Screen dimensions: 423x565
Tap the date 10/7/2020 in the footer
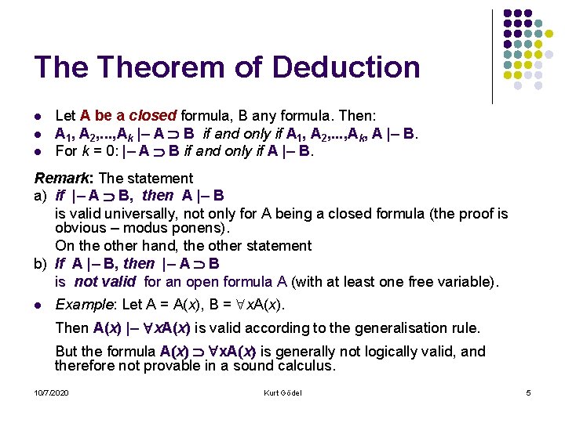pyautogui.click(x=51, y=392)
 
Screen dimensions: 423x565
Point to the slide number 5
pyautogui.click(x=528, y=392)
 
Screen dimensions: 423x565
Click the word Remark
pyautogui.click(x=60, y=179)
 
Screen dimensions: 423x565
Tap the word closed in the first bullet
pyautogui.click(x=152, y=117)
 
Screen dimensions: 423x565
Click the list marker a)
pyautogui.click(x=40, y=195)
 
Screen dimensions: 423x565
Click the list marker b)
pyautogui.click(x=40, y=264)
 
